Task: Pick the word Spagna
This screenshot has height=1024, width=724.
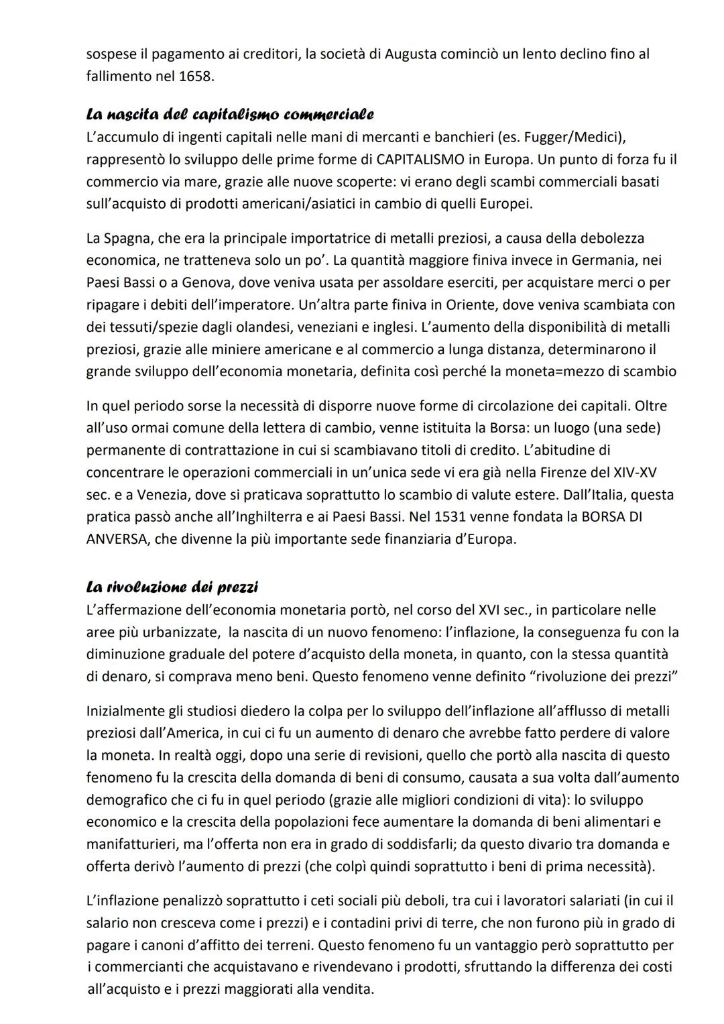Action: (127, 238)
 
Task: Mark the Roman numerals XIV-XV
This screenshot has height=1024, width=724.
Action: (635, 472)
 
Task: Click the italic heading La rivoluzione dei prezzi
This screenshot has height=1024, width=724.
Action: (172, 587)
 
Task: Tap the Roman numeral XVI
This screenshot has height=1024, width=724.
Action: (494, 610)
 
